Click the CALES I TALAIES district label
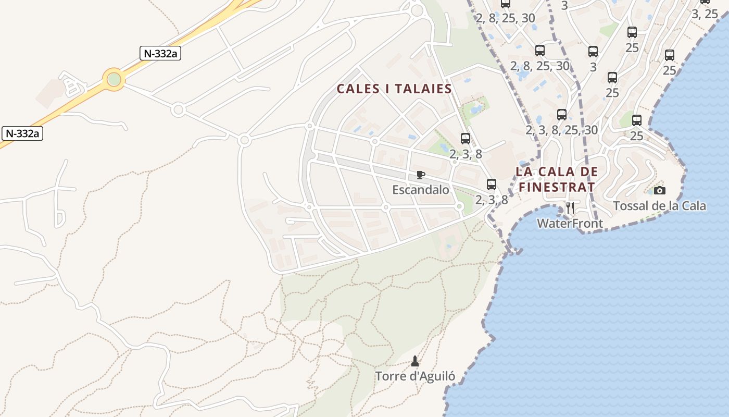pos(394,89)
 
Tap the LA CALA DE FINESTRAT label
pos(556,179)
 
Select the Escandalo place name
pos(420,190)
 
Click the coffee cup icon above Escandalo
pos(420,175)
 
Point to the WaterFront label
pos(570,224)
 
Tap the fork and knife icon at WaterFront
pos(570,208)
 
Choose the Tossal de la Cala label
pos(659,206)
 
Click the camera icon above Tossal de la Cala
pos(659,191)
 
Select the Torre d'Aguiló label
pos(415,376)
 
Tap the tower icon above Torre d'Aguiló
pos(415,361)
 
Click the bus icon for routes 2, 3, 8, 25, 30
pos(561,115)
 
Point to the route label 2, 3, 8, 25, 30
pos(561,130)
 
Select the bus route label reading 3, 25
pos(704,14)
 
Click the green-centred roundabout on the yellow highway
pos(114,80)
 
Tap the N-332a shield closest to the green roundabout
pos(160,53)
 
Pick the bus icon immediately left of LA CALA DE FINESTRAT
pos(491,185)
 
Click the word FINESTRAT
pos(556,186)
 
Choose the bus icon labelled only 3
pos(593,52)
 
